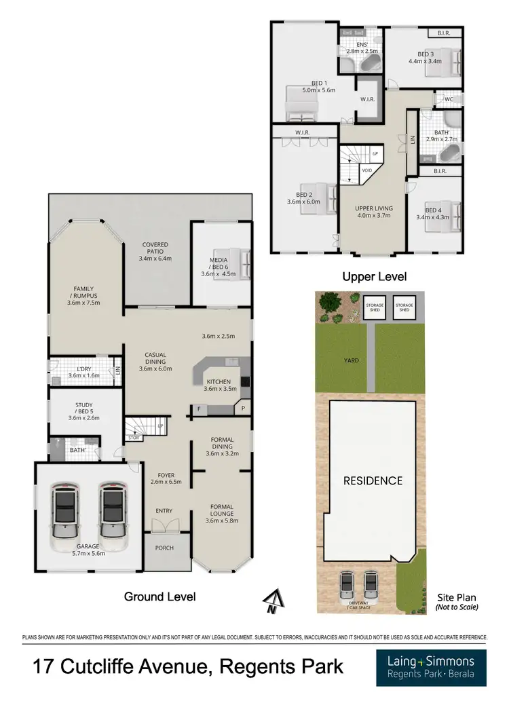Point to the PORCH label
point(164,548)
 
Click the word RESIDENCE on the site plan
point(372,480)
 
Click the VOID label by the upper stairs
point(366,170)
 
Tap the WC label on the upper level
point(449,99)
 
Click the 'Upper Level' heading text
point(374,276)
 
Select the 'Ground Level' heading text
point(159,596)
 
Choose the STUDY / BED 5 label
point(86,411)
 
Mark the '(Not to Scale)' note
point(456,607)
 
